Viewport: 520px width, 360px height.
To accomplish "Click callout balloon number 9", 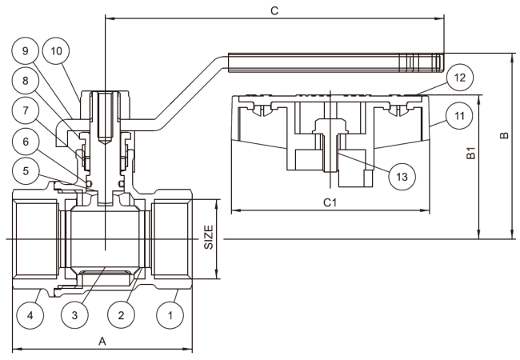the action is pyautogui.click(x=26, y=50).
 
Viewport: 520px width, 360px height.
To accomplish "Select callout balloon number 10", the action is pyautogui.click(x=56, y=50).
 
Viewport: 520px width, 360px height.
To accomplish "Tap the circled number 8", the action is pyautogui.click(x=26, y=81).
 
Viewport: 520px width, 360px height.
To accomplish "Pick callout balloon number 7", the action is pyautogui.click(x=26, y=110).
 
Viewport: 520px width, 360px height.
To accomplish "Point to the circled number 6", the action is pyautogui.click(x=26, y=142).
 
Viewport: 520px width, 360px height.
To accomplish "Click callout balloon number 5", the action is pyautogui.click(x=26, y=171).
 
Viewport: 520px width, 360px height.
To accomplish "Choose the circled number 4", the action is pyautogui.click(x=30, y=315).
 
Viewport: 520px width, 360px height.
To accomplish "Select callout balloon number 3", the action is pyautogui.click(x=74, y=315).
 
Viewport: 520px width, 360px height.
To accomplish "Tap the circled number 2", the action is pyautogui.click(x=121, y=315).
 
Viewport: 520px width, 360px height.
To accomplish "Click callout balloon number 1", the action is pyautogui.click(x=170, y=315).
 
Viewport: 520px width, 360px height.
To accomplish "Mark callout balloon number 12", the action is pyautogui.click(x=460, y=78).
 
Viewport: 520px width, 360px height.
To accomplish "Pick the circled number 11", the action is pyautogui.click(x=459, y=116).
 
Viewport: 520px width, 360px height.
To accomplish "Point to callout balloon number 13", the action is pyautogui.click(x=402, y=176).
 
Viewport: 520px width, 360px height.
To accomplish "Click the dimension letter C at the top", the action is pyautogui.click(x=274, y=11).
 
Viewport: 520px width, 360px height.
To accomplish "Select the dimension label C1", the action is pyautogui.click(x=330, y=202).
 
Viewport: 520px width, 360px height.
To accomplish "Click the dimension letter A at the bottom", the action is pyautogui.click(x=102, y=341).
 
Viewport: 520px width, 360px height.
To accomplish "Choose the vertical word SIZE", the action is pyautogui.click(x=209, y=237).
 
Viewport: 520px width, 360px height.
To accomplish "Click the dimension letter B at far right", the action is pyautogui.click(x=504, y=135).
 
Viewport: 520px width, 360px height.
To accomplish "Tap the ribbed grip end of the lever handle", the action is pyautogui.click(x=421, y=62).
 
